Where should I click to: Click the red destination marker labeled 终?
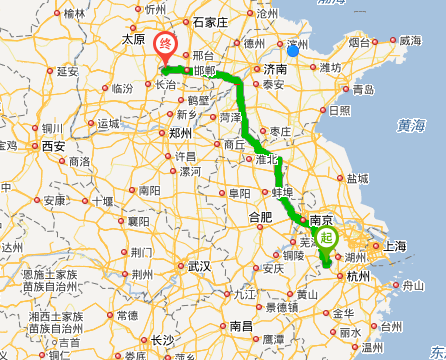tap(167, 45)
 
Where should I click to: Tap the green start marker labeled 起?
tap(327, 238)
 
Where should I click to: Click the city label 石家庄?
tap(210, 21)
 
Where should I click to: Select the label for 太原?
tap(133, 39)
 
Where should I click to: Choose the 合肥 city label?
tap(259, 216)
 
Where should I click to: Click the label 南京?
tap(321, 219)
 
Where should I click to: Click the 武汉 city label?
tap(198, 267)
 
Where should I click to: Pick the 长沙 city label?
tap(162, 339)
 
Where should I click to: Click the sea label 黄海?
tap(410, 125)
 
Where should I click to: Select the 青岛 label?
tap(364, 89)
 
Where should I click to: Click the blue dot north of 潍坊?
tap(292, 50)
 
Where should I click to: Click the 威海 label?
tap(410, 41)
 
